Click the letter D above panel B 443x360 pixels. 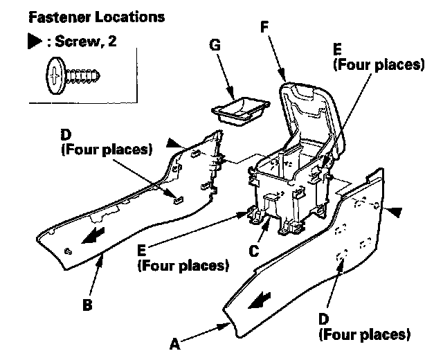[66, 132]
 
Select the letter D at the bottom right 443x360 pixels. [323, 319]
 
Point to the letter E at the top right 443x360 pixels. [337, 51]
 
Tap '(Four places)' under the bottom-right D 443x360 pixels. [364, 335]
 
